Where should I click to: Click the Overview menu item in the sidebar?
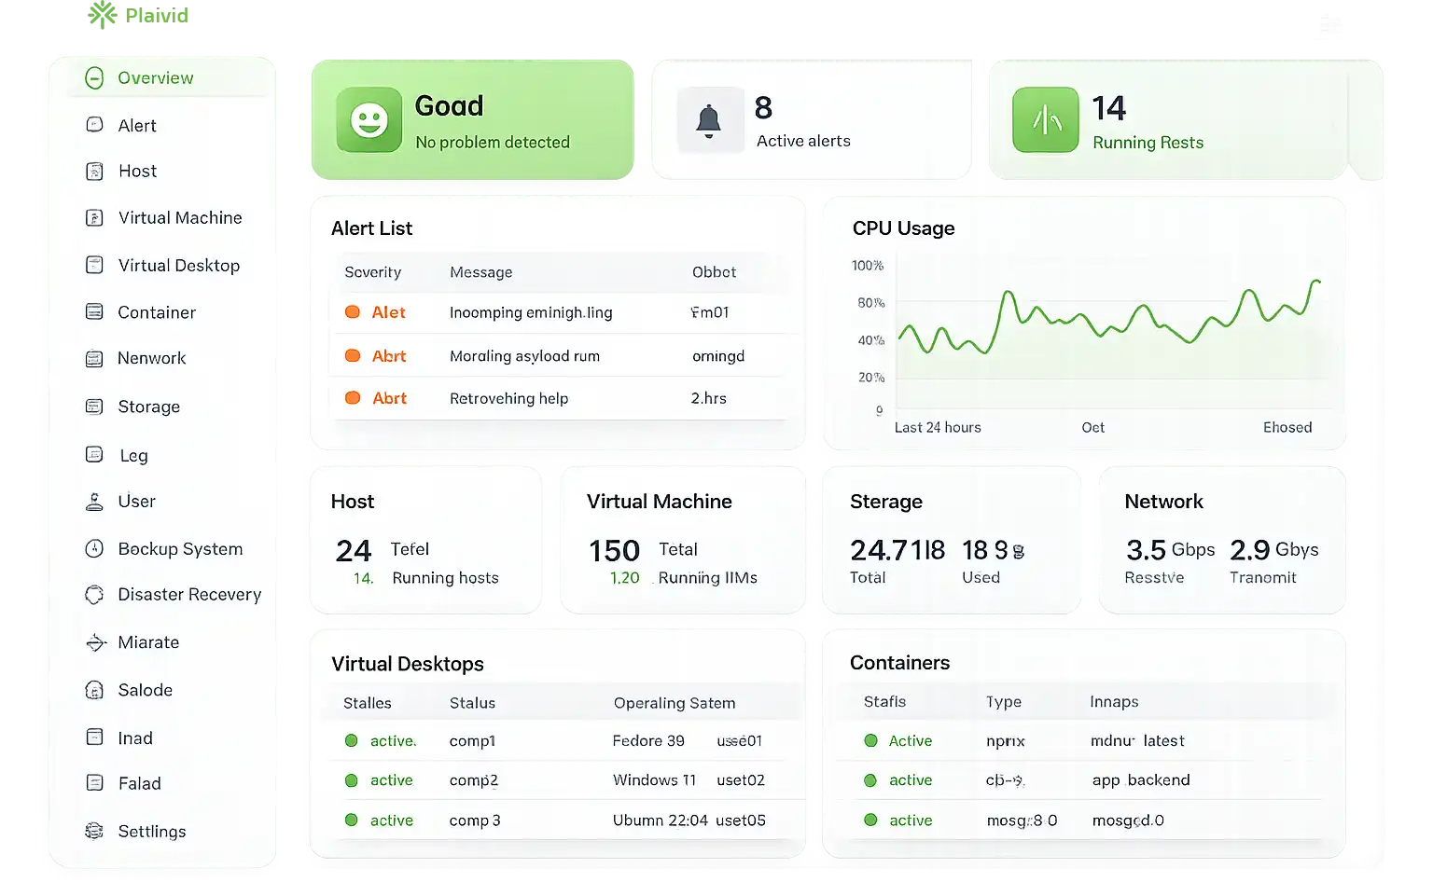tap(155, 78)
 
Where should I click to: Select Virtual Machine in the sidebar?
tap(179, 218)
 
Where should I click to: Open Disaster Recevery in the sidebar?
tap(188, 595)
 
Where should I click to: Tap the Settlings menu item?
tap(151, 832)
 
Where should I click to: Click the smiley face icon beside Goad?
tap(369, 120)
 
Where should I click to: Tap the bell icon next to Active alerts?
tap(709, 121)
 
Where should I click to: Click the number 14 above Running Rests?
tap(1109, 109)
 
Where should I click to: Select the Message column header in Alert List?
tap(480, 272)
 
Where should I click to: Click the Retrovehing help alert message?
tap(508, 399)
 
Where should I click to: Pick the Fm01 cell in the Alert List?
tap(710, 312)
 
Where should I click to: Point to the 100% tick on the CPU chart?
tap(867, 266)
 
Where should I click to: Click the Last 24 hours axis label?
tap(938, 428)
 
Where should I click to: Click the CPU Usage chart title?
tap(903, 228)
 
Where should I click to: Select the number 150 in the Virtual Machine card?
tap(614, 551)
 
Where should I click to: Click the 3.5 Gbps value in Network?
tap(1170, 550)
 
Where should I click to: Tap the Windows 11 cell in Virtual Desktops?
tap(654, 780)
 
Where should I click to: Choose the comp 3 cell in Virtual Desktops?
tap(475, 820)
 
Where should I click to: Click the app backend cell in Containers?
tap(1141, 780)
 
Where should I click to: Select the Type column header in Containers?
tap(1003, 702)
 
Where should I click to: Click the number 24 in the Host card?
tap(354, 551)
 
